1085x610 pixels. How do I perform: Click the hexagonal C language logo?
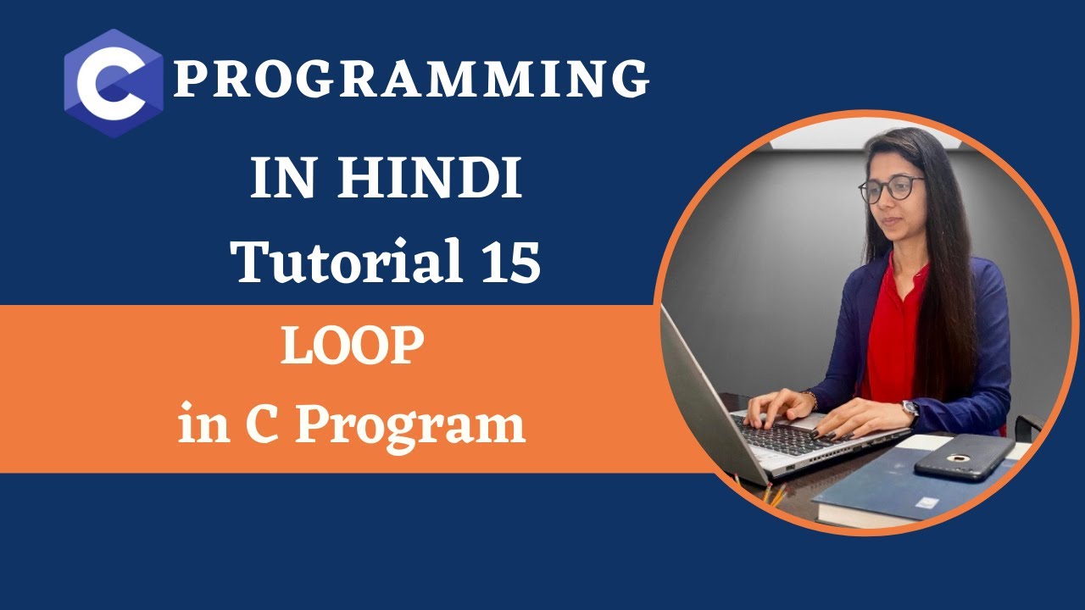pyautogui.click(x=113, y=82)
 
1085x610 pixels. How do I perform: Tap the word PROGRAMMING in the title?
pyautogui.click(x=412, y=80)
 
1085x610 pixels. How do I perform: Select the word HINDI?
pyautogui.click(x=431, y=179)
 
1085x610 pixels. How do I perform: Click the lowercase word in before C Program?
pyautogui.click(x=203, y=424)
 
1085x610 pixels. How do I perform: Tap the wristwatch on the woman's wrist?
pyautogui.click(x=910, y=411)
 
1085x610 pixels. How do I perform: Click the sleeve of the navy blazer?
pyautogui.click(x=975, y=373)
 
